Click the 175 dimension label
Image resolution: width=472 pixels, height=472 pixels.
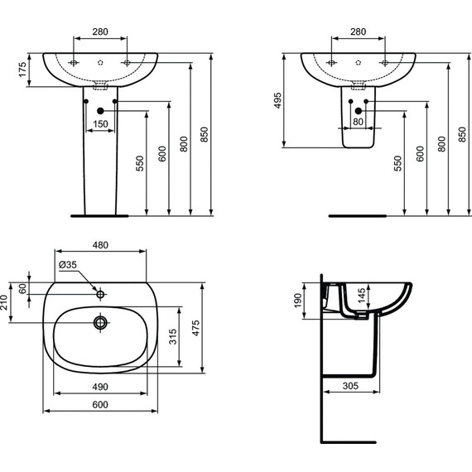[x=23, y=70]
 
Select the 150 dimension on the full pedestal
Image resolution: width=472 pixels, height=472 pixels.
[x=100, y=123]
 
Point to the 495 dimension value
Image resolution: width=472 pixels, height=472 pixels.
[x=277, y=100]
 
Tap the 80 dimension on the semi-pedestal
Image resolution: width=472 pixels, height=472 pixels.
[x=358, y=122]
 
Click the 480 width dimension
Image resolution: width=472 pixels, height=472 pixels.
[x=100, y=245]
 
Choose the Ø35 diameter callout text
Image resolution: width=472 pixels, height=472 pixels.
[x=68, y=265]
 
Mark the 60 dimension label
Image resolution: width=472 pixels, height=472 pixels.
[x=23, y=289]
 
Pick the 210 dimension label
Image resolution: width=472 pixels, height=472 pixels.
[x=4, y=302]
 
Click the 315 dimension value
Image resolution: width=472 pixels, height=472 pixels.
[x=173, y=336]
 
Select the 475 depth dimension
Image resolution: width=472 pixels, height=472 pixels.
[x=195, y=328]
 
